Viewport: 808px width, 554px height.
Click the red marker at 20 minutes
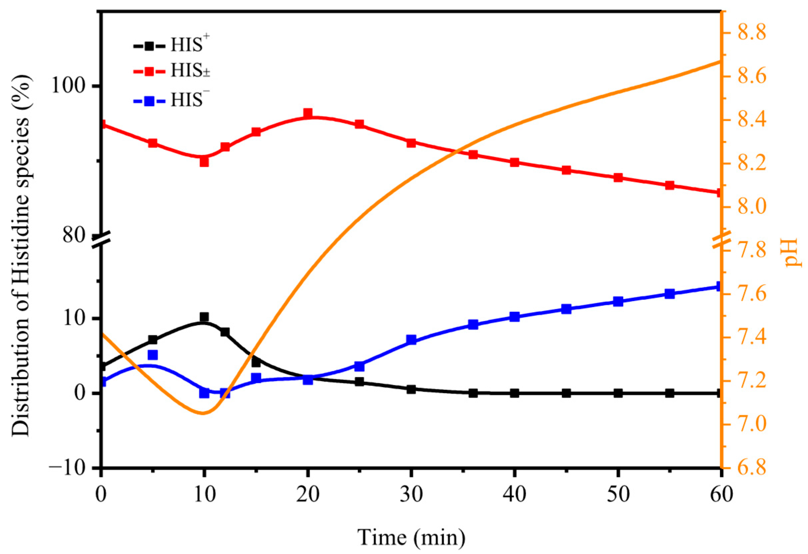[308, 113]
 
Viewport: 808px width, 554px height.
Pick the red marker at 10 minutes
[204, 162]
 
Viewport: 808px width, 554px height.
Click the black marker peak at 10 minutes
[204, 317]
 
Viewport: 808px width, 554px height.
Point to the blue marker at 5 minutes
[153, 355]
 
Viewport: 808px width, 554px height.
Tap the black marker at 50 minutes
[618, 393]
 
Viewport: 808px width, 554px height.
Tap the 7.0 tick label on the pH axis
[751, 425]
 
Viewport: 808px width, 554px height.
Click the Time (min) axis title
[411, 537]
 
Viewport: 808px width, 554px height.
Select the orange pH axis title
[795, 252]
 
